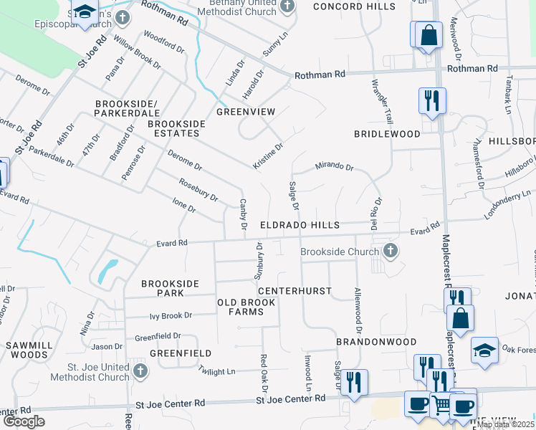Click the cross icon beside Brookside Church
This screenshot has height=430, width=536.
390,252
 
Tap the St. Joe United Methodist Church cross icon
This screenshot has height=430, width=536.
140,371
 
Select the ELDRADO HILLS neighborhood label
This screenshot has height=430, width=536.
300,225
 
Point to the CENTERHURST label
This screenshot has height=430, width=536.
295,291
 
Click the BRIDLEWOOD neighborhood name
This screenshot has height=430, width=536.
387,134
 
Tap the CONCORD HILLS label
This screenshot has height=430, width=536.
353,6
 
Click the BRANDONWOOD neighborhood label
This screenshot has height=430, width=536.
376,343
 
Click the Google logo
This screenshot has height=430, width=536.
24,421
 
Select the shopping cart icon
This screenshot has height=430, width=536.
442,405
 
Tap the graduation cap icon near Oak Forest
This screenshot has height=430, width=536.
484,351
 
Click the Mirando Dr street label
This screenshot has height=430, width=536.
335,167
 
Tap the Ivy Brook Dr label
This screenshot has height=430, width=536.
171,315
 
